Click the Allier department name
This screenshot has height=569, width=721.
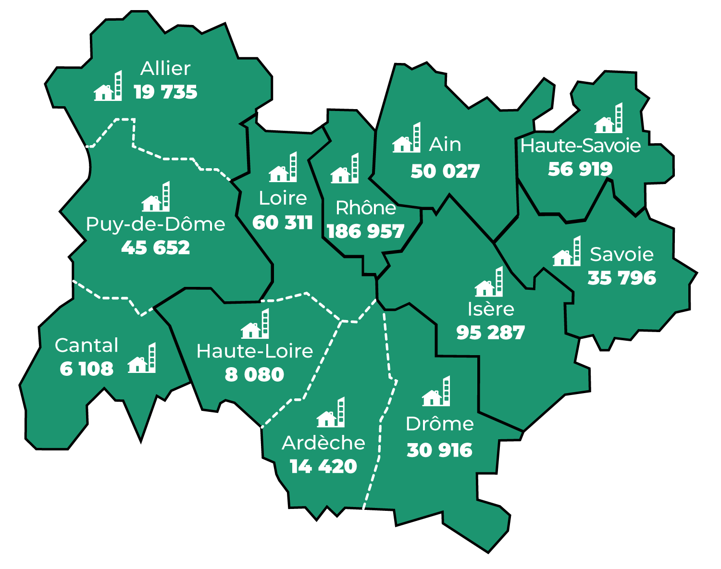(x=165, y=69)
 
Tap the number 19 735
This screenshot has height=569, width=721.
(x=165, y=92)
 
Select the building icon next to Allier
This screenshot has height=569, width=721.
(x=108, y=87)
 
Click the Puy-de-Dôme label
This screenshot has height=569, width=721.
(x=155, y=224)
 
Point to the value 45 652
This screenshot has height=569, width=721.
(x=155, y=248)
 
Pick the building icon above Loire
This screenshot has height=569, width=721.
(x=283, y=168)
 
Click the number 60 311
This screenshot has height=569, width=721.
(x=283, y=223)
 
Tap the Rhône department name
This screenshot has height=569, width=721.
(x=366, y=208)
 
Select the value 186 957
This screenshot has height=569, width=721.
(x=365, y=232)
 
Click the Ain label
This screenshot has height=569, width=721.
(x=445, y=145)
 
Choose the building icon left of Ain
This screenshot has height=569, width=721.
(x=407, y=138)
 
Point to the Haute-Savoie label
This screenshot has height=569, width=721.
(x=580, y=146)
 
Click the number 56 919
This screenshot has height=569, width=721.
(x=580, y=169)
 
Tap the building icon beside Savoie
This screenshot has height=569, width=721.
(x=567, y=252)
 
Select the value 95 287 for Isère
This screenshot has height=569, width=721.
(x=490, y=333)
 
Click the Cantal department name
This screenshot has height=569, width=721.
(x=87, y=346)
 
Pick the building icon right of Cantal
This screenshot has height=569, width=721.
(x=142, y=359)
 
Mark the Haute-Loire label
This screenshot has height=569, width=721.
(x=255, y=351)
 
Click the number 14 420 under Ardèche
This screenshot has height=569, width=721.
(x=323, y=467)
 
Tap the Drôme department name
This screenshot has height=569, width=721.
(x=439, y=424)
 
